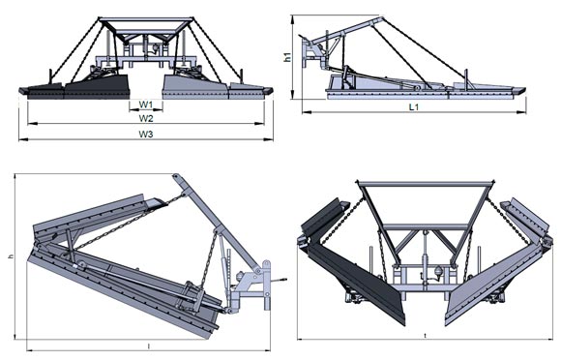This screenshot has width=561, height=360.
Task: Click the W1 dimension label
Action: point(146,105)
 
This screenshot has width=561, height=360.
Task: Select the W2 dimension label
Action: point(146,118)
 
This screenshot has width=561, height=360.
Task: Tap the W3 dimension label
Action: point(146,135)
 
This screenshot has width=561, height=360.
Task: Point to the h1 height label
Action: point(287,57)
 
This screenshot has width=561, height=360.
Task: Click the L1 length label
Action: point(414,106)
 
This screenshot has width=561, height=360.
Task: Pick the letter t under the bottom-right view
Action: point(425,336)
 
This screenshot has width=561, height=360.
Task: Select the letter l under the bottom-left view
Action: point(149,346)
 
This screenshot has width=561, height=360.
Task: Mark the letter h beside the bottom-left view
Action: point(12,256)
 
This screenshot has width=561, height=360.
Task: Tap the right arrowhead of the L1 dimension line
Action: point(521,112)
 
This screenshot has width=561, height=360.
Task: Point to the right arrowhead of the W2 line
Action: point(259,124)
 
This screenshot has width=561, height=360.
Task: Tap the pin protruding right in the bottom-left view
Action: point(280,279)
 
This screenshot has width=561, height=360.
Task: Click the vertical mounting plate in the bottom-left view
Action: point(267,285)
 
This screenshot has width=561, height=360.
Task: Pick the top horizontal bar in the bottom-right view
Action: point(425,184)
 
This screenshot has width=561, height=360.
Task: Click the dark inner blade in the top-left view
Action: point(97,87)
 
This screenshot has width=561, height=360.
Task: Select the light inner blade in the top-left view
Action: point(195,87)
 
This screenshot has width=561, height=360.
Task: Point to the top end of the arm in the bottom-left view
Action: point(176,177)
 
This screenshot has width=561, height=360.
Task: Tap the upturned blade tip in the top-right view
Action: point(518,91)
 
